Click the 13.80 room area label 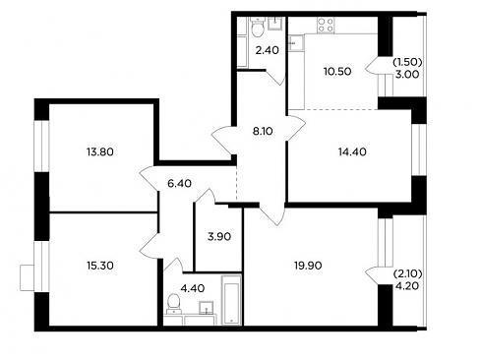pos(100,152)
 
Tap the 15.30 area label pos(100,266)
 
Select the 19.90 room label pos(308,266)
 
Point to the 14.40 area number pos(352,152)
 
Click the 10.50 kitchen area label pos(337,71)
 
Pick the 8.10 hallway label pos(263,132)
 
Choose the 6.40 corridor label pos(179,183)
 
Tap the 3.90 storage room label pos(219,236)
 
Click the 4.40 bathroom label pos(193,288)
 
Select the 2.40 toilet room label pos(268,50)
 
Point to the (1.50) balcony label pos(407,62)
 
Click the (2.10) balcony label pos(407,273)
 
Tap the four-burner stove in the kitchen pos(326,26)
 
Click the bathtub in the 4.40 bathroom pos(231,300)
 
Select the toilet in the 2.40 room pos(258,28)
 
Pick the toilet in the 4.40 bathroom pos(173,304)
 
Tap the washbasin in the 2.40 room pos(274,24)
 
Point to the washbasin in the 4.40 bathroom pos(207,308)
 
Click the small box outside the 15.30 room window pos(28,277)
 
